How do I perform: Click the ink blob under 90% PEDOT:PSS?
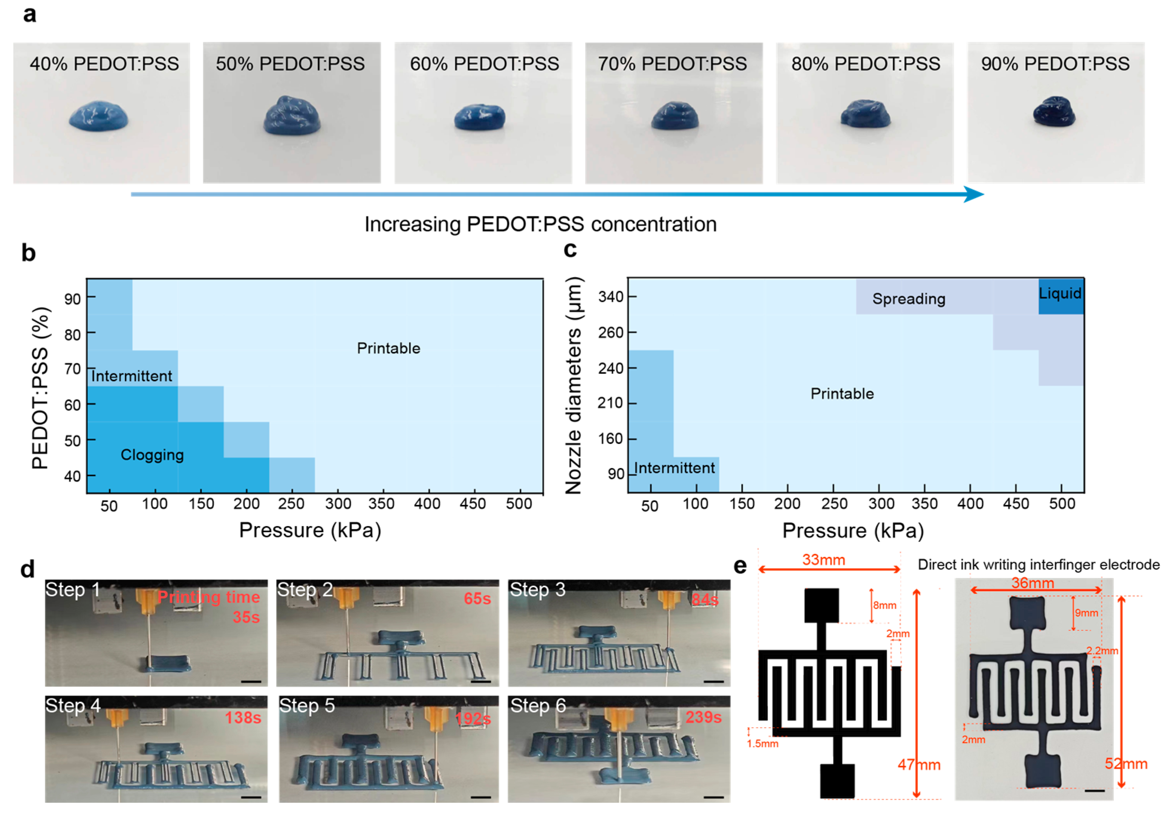[x=1054, y=111]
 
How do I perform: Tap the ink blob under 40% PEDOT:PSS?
[x=98, y=117]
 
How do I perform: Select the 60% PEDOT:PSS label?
[x=484, y=64]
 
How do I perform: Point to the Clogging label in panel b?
[x=152, y=454]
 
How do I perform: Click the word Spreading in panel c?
[x=908, y=299]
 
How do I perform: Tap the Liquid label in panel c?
[x=1060, y=294]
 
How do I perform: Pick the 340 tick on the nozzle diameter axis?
[x=610, y=297]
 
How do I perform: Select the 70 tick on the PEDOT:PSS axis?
[x=73, y=369]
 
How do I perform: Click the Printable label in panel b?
[x=388, y=349]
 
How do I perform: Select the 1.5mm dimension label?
[x=762, y=744]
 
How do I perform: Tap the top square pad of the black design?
[x=821, y=606]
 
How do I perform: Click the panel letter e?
[x=740, y=566]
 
